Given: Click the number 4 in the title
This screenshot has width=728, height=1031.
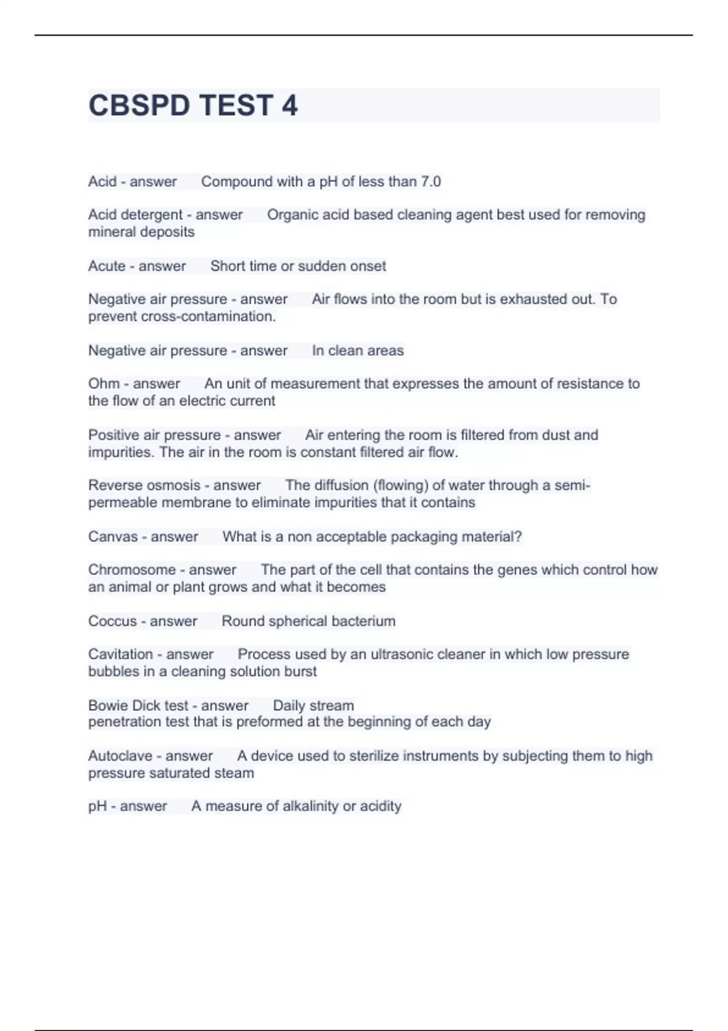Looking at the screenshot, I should coord(289,106).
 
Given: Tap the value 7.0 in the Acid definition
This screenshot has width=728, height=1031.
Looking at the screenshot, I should coord(431,181).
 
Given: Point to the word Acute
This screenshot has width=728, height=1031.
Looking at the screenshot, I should coord(107,266).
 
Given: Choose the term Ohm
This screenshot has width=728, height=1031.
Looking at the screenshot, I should coord(104,383).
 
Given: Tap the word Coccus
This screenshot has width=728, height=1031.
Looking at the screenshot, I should coord(112,621).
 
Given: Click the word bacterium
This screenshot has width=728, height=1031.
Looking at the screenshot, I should coord(362,621).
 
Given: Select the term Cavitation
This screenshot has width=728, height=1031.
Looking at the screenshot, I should coord(120,654).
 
